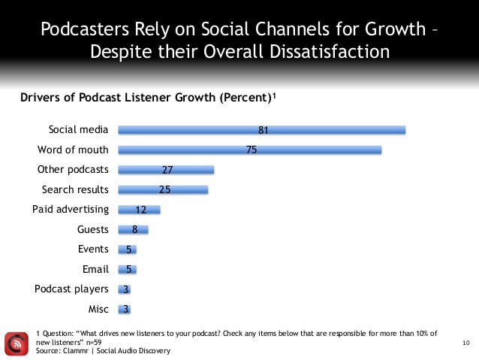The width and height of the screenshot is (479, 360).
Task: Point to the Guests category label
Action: click(x=93, y=229)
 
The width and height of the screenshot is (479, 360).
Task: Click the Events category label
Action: click(x=93, y=250)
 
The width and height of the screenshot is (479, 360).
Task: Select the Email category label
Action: click(x=95, y=269)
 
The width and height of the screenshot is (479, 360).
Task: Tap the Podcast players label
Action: click(x=72, y=289)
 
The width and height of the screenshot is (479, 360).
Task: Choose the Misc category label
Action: click(x=98, y=309)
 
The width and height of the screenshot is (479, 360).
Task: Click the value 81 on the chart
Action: click(x=264, y=130)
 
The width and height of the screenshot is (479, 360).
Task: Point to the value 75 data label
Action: click(x=252, y=150)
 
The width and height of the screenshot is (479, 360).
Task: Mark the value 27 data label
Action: click(x=168, y=170)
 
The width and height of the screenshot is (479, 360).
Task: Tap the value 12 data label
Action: click(x=140, y=210)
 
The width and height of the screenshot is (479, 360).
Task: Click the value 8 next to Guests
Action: click(x=134, y=229)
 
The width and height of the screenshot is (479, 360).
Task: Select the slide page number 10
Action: click(x=465, y=343)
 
